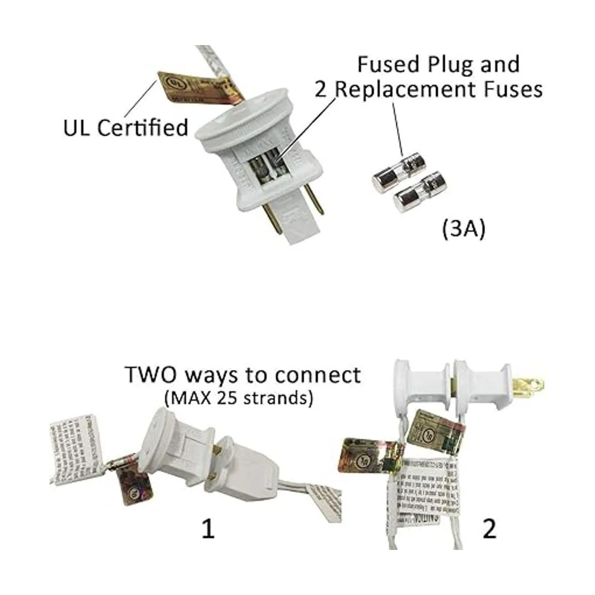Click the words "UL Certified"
tap(126, 127)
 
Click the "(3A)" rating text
tap(462, 230)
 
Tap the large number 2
tap(489, 530)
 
